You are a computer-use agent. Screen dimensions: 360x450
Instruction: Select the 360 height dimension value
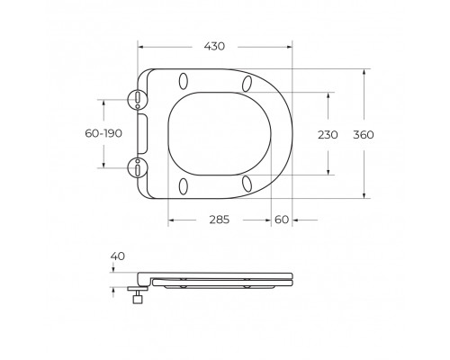389,134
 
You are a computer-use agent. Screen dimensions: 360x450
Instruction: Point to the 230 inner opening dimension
328,134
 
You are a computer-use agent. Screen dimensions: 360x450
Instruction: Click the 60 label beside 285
282,219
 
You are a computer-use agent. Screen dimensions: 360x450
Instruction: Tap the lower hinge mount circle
137,166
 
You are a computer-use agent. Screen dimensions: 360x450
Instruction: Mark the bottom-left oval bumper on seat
184,185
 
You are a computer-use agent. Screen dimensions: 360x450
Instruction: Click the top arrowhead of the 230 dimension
328,93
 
